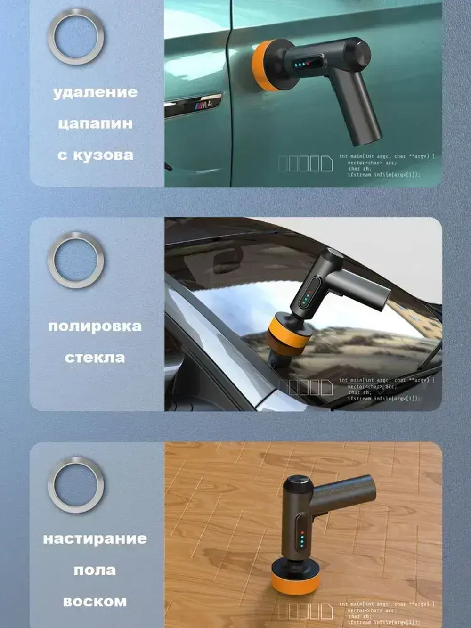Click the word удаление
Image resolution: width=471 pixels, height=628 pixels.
(95, 92)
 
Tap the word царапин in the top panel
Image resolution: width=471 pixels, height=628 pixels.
(95, 124)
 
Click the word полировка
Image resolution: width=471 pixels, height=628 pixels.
(95, 326)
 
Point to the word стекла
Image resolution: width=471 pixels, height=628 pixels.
(95, 358)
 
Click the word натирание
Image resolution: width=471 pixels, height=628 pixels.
(95, 538)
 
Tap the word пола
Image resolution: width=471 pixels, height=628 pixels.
(95, 570)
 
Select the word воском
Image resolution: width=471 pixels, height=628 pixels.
(95, 602)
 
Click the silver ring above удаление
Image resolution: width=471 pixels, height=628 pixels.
(76, 36)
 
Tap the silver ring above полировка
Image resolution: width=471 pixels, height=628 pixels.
(76, 260)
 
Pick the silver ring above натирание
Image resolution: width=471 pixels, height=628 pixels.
(76, 484)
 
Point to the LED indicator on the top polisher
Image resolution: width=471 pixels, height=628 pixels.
(301, 64)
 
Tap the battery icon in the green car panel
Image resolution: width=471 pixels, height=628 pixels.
(306, 163)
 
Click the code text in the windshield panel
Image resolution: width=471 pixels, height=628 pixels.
(386, 389)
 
